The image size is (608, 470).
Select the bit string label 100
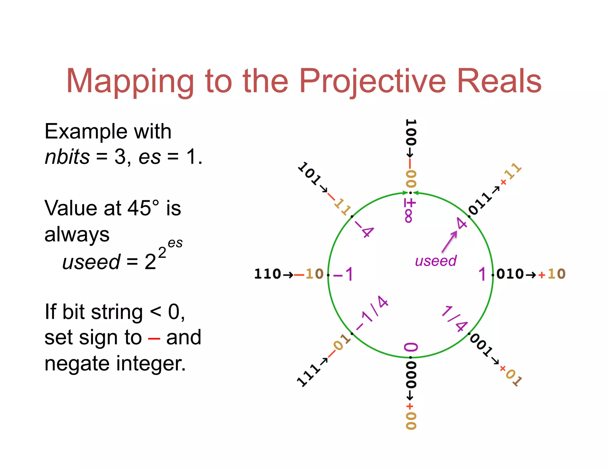411,133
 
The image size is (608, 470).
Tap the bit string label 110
267,274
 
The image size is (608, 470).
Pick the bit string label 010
510,274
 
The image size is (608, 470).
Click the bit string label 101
310,174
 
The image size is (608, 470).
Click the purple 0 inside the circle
411,347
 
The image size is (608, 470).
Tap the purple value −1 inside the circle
343,274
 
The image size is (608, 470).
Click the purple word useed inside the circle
436,261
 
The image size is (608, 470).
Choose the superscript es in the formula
175,243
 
